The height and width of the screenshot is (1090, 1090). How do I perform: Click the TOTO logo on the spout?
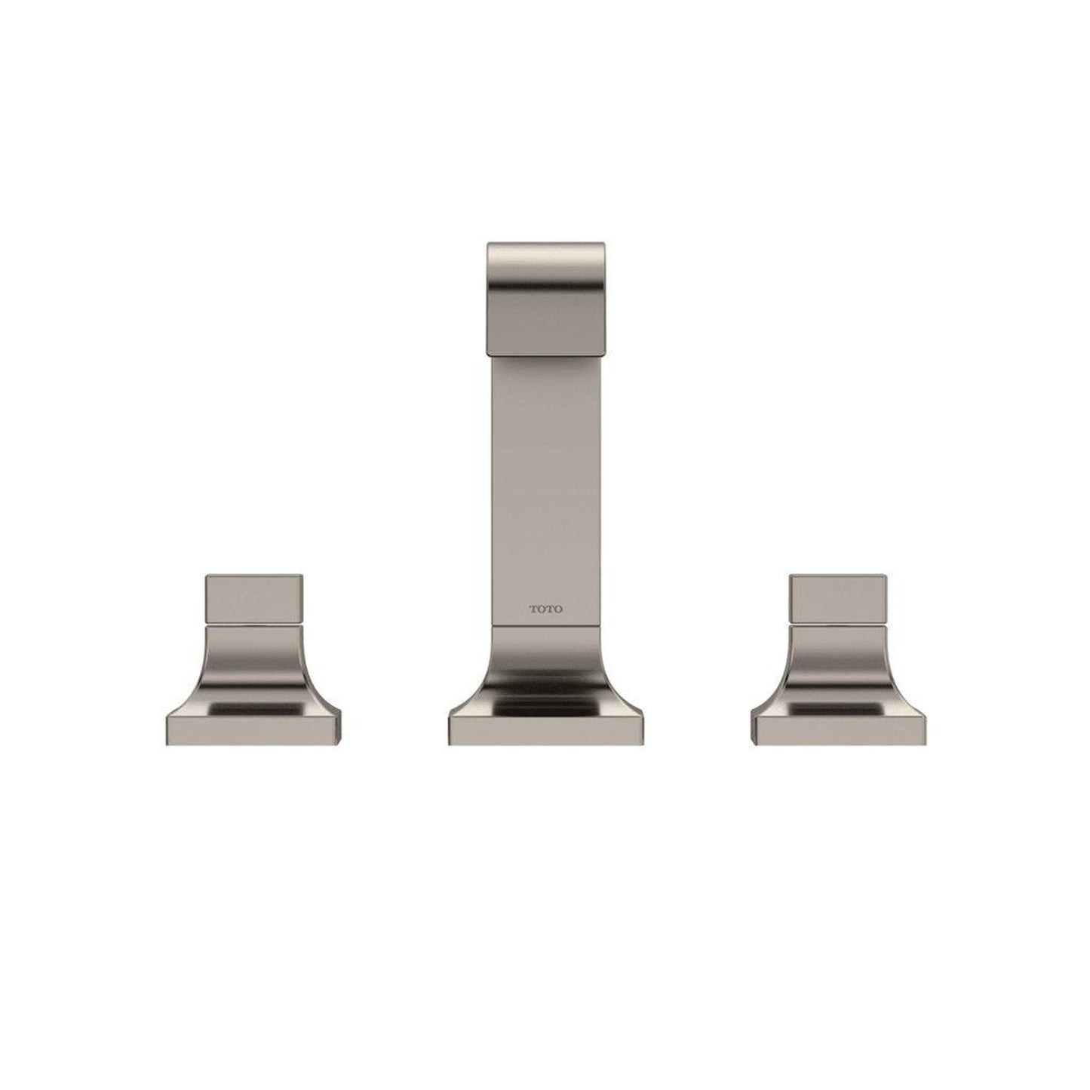click(545, 609)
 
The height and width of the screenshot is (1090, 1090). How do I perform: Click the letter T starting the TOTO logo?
click(532, 609)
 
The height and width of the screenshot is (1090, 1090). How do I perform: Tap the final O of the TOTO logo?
click(557, 609)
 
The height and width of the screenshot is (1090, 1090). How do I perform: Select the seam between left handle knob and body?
click(254, 625)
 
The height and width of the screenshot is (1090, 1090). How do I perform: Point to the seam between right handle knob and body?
click(837, 625)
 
